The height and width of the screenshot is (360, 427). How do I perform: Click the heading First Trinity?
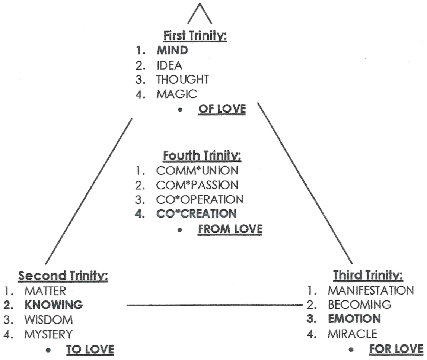point(195,36)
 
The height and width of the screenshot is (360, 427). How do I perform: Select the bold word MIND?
point(172,50)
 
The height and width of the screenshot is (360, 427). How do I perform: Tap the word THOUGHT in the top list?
point(183,80)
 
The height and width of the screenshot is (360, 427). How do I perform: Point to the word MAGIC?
point(177,94)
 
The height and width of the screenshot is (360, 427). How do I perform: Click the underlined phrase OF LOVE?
point(222,109)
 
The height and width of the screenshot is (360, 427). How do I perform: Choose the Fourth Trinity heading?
point(202,156)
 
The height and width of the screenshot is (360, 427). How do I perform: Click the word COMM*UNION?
point(197,171)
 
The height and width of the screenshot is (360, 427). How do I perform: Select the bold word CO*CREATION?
point(196,213)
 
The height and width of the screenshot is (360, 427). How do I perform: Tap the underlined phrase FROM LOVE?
point(230,229)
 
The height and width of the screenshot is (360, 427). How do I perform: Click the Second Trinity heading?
point(63,276)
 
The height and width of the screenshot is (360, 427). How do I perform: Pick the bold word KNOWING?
point(54,305)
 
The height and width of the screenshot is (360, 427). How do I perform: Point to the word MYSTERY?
point(48,334)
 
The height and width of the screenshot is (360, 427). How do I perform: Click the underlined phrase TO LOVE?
point(90,350)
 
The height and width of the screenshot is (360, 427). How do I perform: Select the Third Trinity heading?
point(368,275)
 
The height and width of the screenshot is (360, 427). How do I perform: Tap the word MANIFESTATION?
point(371,290)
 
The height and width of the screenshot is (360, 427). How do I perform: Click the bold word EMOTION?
point(354,319)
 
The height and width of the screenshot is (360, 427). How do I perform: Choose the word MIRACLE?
point(353,334)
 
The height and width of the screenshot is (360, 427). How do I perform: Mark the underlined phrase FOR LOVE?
point(396,349)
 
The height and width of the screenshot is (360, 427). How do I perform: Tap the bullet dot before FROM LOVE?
point(179,230)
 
